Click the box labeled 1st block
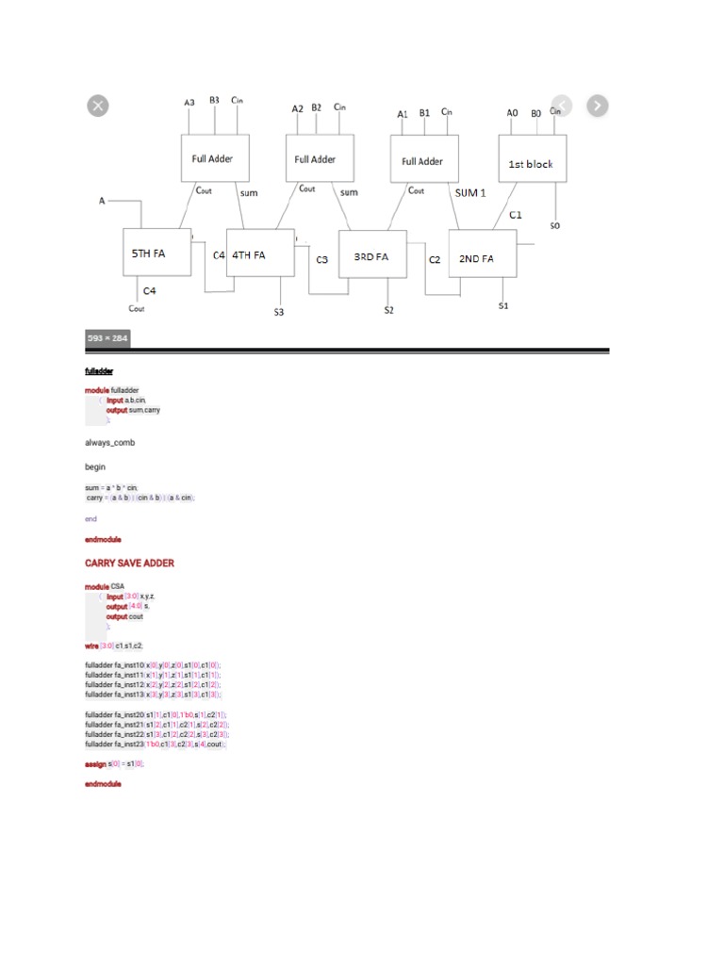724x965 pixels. [531, 163]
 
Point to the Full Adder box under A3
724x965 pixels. [214, 158]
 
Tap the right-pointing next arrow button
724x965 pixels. [597, 106]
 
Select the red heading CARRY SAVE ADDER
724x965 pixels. [129, 563]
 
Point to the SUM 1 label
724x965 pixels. [470, 192]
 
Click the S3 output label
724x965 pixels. [279, 312]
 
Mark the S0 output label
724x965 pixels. [554, 226]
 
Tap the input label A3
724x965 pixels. [189, 102]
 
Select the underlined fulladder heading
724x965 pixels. [99, 370]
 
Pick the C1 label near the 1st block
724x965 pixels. [516, 215]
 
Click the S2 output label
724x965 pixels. [388, 310]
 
